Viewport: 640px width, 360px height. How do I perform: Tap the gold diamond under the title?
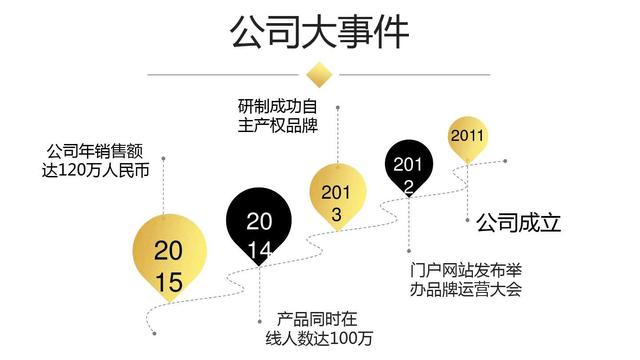coord(320,74)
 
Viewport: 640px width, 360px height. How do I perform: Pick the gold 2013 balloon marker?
coord(338,190)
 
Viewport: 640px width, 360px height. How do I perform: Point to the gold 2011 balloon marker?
coord(467,137)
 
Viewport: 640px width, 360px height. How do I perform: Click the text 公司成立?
coord(518,221)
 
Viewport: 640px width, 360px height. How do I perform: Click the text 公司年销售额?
coord(97,152)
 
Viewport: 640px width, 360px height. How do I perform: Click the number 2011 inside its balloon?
coord(467,136)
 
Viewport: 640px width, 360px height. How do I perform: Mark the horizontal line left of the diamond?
coord(225,74)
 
